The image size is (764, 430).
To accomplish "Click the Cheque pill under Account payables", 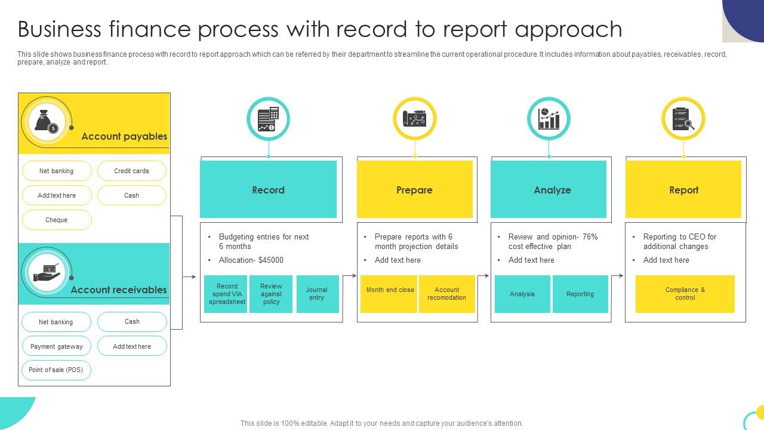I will pos(57,220).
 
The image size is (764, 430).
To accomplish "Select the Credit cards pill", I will pos(131,171).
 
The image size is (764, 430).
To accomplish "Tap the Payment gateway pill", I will pos(57,346).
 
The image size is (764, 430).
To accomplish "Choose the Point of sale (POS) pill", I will pos(56,370).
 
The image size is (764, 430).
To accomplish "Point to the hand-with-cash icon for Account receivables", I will pos(47,272).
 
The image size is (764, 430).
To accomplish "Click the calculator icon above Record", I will pos(269,119).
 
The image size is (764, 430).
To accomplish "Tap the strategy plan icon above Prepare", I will pos(415,119).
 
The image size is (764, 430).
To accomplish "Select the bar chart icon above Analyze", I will pos(549,119).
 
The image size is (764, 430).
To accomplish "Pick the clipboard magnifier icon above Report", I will pos(683,119).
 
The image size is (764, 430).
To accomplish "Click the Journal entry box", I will pos(317,294).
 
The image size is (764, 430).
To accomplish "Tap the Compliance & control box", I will pos(685,294).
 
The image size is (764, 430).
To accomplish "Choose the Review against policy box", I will pos(271,294).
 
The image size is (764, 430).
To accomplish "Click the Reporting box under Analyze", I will pos(580,294).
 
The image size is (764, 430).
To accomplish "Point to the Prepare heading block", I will pos(414,190).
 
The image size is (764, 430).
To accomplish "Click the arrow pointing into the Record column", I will pos(190,277).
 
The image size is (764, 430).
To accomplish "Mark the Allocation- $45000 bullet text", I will pos(251,260).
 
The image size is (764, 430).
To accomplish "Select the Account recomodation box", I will pos(446,294).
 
